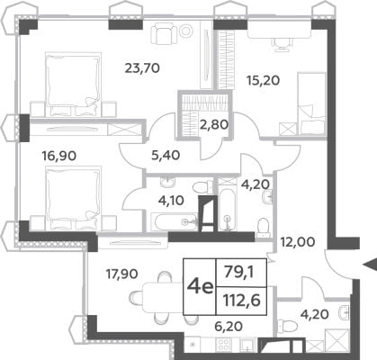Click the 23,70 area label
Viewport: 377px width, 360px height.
pyautogui.click(x=142, y=68)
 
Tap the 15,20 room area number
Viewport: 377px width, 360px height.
pyautogui.click(x=263, y=80)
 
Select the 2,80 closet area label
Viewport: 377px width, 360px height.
pyautogui.click(x=215, y=124)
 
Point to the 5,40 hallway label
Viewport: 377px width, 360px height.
pyautogui.click(x=166, y=155)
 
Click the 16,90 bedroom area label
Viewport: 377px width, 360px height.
pyautogui.click(x=59, y=156)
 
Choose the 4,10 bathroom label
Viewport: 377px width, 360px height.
pyautogui.click(x=171, y=200)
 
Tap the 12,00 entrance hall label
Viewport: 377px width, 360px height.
pyautogui.click(x=298, y=241)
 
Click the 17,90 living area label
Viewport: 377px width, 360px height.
pyautogui.click(x=122, y=274)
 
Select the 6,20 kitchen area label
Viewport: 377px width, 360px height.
pyautogui.click(x=228, y=326)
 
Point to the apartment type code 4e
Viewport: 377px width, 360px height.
pyautogui.click(x=200, y=287)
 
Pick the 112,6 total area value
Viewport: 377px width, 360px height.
pyautogui.click(x=241, y=300)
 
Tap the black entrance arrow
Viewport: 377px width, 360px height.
pyautogui.click(x=370, y=265)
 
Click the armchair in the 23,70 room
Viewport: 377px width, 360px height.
pyautogui.click(x=162, y=35)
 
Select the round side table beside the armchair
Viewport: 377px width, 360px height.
pyautogui.click(x=186, y=31)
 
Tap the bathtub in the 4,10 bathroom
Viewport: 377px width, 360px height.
pyautogui.click(x=174, y=221)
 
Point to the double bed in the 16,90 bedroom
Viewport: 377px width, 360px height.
pyautogui.click(x=73, y=198)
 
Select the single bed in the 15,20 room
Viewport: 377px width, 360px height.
pyautogui.click(x=311, y=103)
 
